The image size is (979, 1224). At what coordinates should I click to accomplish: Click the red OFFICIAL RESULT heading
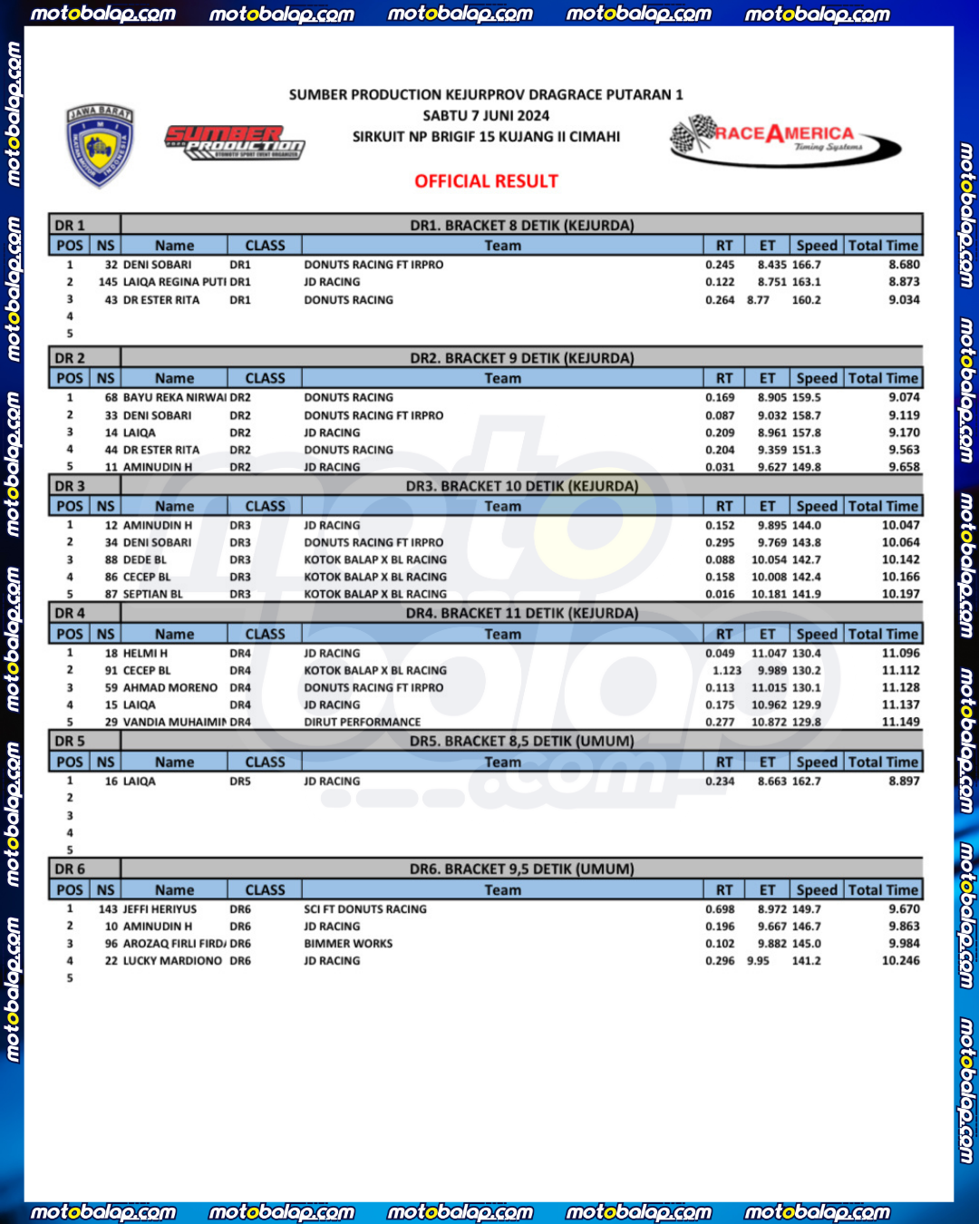pyautogui.click(x=486, y=181)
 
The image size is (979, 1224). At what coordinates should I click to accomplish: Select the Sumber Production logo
pyautogui.click(x=234, y=142)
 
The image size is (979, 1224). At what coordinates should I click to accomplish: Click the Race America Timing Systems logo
pyautogui.click(x=785, y=141)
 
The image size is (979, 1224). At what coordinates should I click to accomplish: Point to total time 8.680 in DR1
pyautogui.click(x=904, y=265)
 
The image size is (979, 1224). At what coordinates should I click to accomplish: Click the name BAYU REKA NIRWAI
pyautogui.click(x=174, y=397)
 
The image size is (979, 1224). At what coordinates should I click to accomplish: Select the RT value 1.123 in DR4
pyautogui.click(x=726, y=671)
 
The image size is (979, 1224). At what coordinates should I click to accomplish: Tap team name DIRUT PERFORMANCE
pyautogui.click(x=362, y=723)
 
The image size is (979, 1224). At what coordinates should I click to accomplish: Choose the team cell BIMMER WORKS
pyautogui.click(x=348, y=944)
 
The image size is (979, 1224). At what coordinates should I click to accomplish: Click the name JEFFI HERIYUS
pyautogui.click(x=160, y=909)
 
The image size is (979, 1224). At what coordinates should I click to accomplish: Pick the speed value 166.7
pyautogui.click(x=806, y=265)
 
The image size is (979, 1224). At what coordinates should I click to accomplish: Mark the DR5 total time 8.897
pyautogui.click(x=904, y=782)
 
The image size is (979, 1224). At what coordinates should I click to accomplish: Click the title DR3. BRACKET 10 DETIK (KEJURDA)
pyautogui.click(x=521, y=486)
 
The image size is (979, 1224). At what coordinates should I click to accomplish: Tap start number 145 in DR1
pyautogui.click(x=108, y=282)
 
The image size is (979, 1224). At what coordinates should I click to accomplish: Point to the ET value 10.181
pyautogui.click(x=769, y=595)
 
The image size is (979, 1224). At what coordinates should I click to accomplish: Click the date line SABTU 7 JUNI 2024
pyautogui.click(x=486, y=115)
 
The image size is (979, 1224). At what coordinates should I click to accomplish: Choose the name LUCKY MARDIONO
pyautogui.click(x=172, y=961)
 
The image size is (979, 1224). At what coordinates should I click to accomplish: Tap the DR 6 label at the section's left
pyautogui.click(x=70, y=869)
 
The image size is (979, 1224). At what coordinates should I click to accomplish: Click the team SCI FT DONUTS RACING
pyautogui.click(x=364, y=909)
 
